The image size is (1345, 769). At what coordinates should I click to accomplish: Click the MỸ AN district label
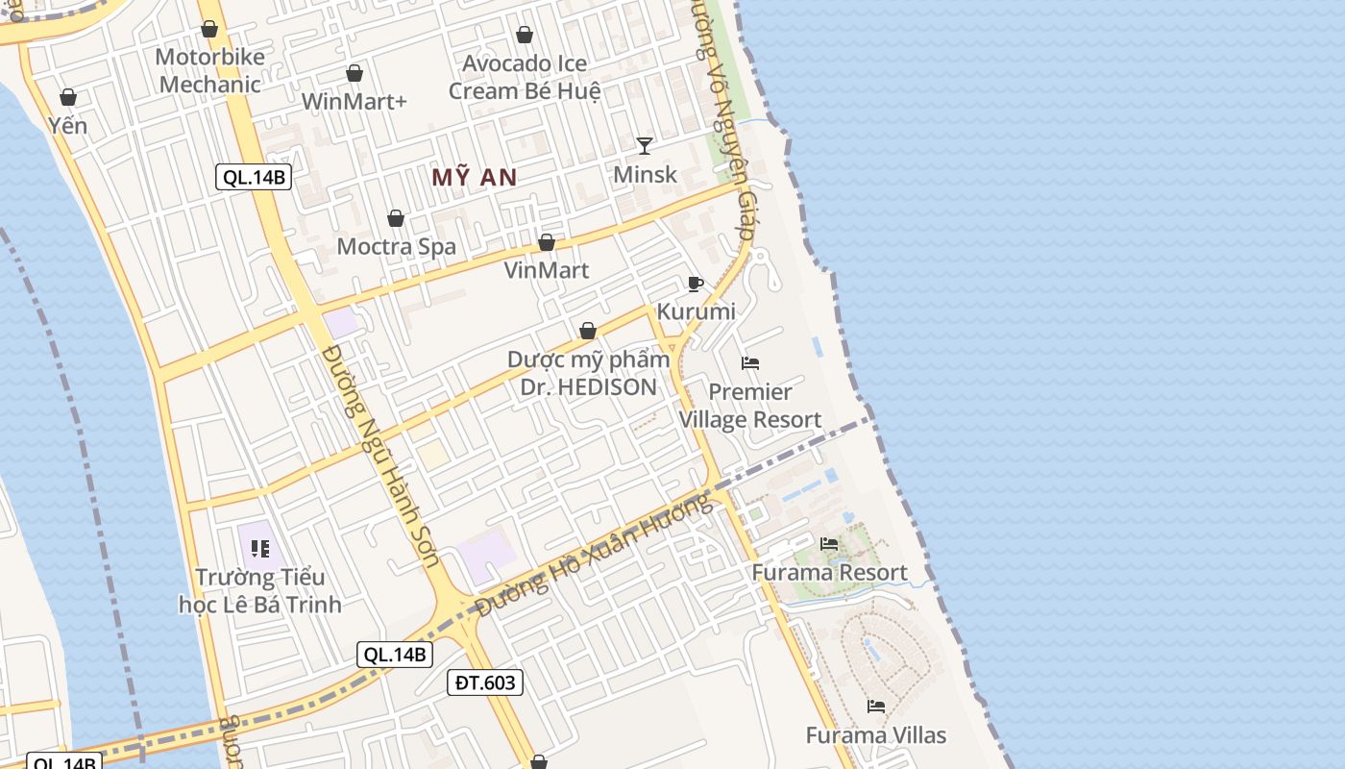click(x=474, y=177)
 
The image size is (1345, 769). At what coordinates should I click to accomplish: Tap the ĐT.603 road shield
click(x=485, y=682)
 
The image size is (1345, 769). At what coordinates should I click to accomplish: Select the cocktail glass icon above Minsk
click(x=645, y=146)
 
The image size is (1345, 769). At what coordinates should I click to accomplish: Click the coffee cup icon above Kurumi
click(x=696, y=284)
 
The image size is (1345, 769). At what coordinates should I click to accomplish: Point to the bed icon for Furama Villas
click(x=876, y=707)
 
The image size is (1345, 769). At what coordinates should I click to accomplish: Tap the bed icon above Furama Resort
click(x=829, y=544)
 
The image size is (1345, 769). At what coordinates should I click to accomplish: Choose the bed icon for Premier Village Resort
click(x=750, y=363)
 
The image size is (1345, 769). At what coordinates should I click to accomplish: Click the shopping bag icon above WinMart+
click(x=355, y=73)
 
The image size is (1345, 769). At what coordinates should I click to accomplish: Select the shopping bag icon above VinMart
click(x=547, y=242)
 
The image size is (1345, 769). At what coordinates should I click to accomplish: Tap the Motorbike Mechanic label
click(x=209, y=70)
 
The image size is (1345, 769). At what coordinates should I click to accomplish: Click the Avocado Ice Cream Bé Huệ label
click(x=525, y=77)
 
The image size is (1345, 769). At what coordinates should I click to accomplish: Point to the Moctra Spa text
click(x=396, y=246)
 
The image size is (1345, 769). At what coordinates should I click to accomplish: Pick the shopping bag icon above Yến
click(x=68, y=97)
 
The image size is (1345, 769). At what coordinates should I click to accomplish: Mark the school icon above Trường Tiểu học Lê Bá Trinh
click(x=260, y=549)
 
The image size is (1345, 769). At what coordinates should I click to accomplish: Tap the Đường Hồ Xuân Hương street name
click(x=597, y=554)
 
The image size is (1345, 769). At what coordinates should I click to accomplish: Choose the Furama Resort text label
click(x=829, y=573)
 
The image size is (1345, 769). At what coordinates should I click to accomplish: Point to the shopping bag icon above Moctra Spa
click(x=396, y=219)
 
